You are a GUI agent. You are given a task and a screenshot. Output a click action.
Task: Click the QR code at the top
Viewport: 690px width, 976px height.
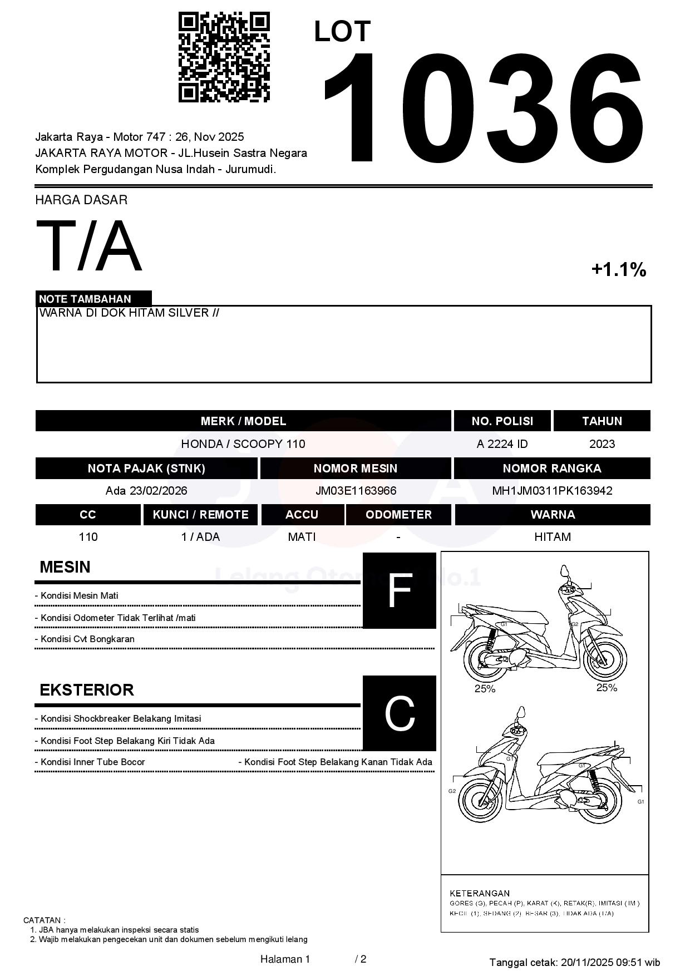pyautogui.click(x=224, y=57)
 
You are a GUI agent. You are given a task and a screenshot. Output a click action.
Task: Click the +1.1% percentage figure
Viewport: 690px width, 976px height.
pyautogui.click(x=618, y=270)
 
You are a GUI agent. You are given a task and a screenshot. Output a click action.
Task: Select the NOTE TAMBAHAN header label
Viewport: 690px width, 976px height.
pyautogui.click(x=85, y=299)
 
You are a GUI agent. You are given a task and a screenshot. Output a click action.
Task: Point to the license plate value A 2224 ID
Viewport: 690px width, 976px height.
pyautogui.click(x=502, y=444)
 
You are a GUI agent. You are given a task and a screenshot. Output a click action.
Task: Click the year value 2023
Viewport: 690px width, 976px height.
pyautogui.click(x=602, y=444)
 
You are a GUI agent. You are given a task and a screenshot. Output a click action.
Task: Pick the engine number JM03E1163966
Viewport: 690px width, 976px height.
pyautogui.click(x=356, y=491)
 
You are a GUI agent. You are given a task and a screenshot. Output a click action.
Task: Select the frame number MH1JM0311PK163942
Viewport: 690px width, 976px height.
pyautogui.click(x=552, y=491)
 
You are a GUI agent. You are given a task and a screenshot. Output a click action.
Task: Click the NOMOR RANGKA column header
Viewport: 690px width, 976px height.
pyautogui.click(x=552, y=469)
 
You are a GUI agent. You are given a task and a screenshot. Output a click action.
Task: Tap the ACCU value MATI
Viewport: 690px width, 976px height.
pyautogui.click(x=302, y=537)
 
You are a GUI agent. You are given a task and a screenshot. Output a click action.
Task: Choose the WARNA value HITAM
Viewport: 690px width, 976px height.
pyautogui.click(x=553, y=537)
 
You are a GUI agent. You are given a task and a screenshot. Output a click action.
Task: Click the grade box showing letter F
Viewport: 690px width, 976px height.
pyautogui.click(x=399, y=590)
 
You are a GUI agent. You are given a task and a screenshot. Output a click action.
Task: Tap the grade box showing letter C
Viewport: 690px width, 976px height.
pyautogui.click(x=399, y=713)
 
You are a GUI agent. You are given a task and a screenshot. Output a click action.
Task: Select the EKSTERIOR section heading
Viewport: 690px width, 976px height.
pyautogui.click(x=87, y=690)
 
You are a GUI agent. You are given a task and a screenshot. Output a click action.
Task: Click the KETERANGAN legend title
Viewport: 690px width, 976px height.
pyautogui.click(x=480, y=893)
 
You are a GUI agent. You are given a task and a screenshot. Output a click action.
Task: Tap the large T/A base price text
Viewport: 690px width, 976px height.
pyautogui.click(x=89, y=246)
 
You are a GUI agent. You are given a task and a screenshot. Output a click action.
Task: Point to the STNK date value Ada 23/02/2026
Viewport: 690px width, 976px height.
pyautogui.click(x=146, y=491)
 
